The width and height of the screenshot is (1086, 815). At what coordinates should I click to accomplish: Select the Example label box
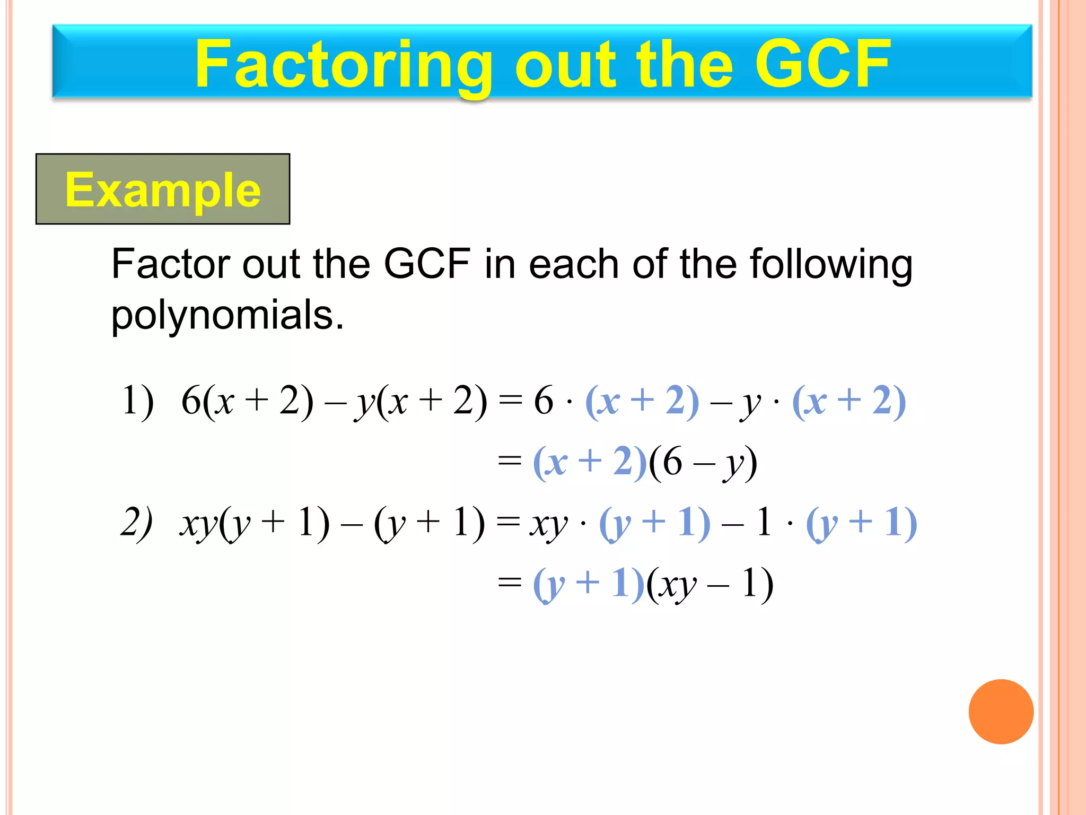[163, 189]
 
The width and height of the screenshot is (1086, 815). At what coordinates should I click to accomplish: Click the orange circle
[1001, 712]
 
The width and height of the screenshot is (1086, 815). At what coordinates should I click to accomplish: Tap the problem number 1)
[137, 401]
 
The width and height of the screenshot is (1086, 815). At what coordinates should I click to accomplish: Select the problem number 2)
[136, 522]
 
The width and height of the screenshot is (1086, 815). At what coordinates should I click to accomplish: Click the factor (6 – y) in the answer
[703, 462]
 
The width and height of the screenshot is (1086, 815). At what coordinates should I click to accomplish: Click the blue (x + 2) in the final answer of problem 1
[590, 462]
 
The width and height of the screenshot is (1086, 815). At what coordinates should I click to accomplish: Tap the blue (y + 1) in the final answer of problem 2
[588, 584]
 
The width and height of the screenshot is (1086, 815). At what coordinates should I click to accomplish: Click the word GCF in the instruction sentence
[427, 264]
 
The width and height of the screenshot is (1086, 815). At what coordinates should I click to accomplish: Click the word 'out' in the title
[566, 65]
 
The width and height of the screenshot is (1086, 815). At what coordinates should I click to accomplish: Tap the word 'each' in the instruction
[573, 264]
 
